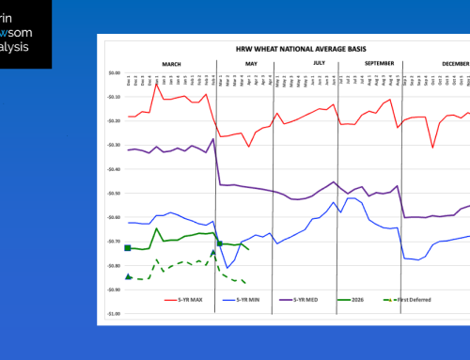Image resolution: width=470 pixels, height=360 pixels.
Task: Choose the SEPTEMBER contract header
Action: pyautogui.click(x=368, y=63)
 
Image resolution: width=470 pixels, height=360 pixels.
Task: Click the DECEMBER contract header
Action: pyautogui.click(x=454, y=63)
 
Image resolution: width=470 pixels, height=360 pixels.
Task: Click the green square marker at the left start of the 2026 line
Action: pyautogui.click(x=128, y=247)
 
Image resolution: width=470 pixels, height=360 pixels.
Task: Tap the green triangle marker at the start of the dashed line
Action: pyautogui.click(x=128, y=277)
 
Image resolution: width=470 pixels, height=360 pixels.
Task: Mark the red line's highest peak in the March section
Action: pyautogui.click(x=156, y=85)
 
